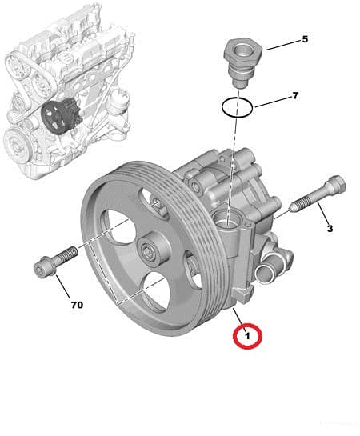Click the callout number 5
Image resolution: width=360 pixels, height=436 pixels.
point(305,39)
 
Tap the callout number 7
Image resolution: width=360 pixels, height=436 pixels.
point(294,96)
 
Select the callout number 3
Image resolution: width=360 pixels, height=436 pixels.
point(329,229)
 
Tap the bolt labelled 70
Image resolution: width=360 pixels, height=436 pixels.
point(54,262)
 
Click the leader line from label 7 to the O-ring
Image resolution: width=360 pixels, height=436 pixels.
point(268,101)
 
